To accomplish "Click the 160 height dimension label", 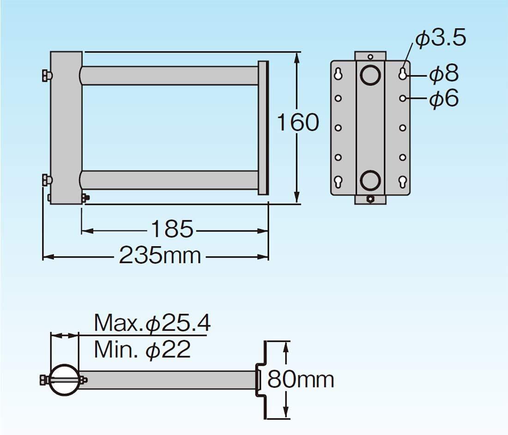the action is pos(298,122).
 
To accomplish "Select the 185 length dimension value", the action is pos(172,230).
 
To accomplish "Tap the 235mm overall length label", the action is pos(160,255).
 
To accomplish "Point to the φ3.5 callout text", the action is pos(440,38).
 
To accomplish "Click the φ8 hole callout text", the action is pos(444,73).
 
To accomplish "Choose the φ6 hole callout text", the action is pos(444,98).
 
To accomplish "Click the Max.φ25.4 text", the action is pos(152,323).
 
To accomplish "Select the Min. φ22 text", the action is pos(142,350).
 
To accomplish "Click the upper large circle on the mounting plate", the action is pos(370,75).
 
